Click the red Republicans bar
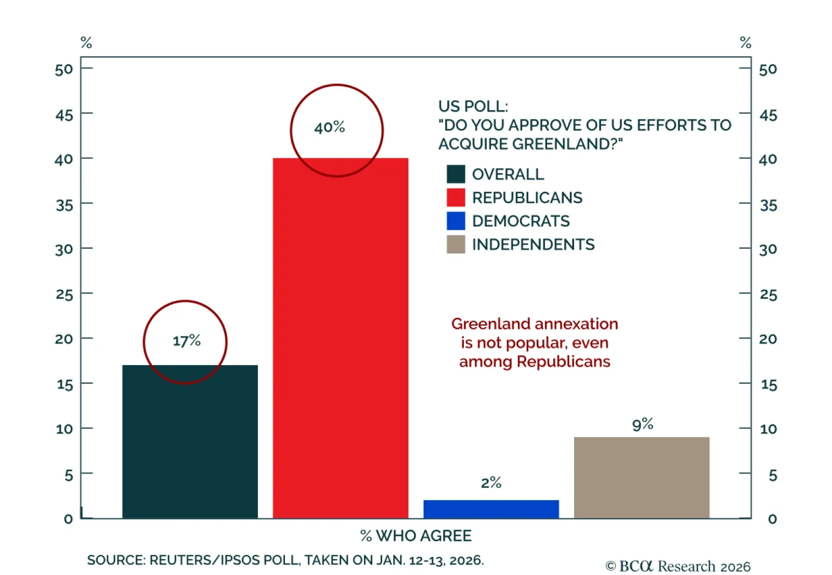pyautogui.click(x=340, y=338)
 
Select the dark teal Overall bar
pyautogui.click(x=190, y=442)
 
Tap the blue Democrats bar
pyautogui.click(x=491, y=509)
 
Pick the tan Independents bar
pyautogui.click(x=641, y=477)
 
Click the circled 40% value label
pyautogui.click(x=330, y=127)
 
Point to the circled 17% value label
pyautogui.click(x=187, y=341)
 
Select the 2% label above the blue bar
pyautogui.click(x=491, y=483)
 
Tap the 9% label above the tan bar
pyautogui.click(x=642, y=424)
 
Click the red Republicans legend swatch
pyautogui.click(x=456, y=197)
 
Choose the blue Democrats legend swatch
pyautogui.click(x=456, y=221)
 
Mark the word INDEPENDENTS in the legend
pyautogui.click(x=533, y=245)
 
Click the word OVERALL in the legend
pyautogui.click(x=508, y=175)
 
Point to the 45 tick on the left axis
pyautogui.click(x=64, y=115)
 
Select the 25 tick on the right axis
pyautogui.click(x=768, y=295)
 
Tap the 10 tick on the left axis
pyautogui.click(x=64, y=429)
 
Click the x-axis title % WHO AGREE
pyautogui.click(x=416, y=536)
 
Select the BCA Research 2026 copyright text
pyautogui.click(x=678, y=566)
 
